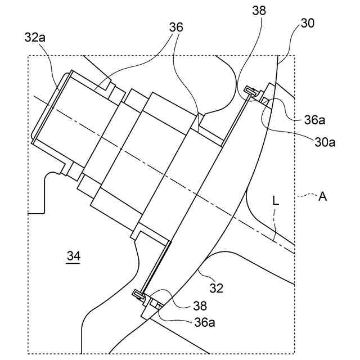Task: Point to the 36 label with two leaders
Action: click(177, 27)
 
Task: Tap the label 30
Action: click(308, 23)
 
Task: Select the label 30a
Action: click(325, 142)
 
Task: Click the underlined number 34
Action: click(74, 256)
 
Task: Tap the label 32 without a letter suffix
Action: click(217, 288)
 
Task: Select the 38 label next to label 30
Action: click(260, 11)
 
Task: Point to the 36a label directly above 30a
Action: click(314, 119)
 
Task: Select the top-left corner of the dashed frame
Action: click(28, 56)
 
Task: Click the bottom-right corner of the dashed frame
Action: click(296, 353)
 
